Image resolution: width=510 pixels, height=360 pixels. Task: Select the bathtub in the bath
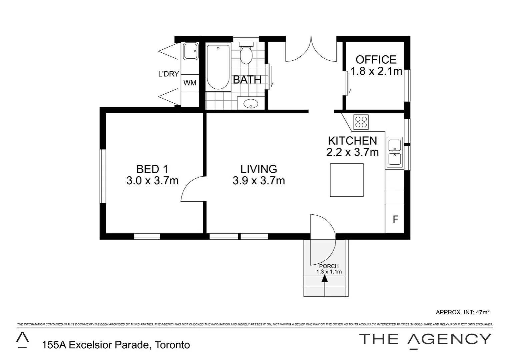tap(218, 67)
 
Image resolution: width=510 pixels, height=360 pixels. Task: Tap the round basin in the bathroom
tap(251, 104)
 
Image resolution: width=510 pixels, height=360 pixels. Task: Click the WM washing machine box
tap(190, 83)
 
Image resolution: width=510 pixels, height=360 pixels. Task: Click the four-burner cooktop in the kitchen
tap(361, 122)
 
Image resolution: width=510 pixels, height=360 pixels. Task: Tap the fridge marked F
tap(395, 219)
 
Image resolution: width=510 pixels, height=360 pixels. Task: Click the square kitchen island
tap(347, 180)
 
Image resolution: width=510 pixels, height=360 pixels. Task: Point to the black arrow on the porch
tap(325, 278)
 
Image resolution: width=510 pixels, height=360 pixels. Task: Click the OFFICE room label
tap(376, 60)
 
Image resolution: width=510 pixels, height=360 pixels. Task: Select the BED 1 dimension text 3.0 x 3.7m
tap(152, 181)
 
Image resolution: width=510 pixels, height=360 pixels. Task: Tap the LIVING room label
tap(259, 169)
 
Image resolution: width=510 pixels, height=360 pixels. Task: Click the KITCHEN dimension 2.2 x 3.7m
tap(353, 152)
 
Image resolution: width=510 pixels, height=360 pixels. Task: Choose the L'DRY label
tap(168, 74)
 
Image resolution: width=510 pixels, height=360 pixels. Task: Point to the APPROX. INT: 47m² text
tap(462, 312)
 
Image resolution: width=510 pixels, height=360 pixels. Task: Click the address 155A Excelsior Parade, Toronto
tap(116, 345)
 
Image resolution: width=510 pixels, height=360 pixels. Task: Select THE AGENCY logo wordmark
tap(425, 339)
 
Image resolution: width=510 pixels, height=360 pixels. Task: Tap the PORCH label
tap(329, 266)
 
